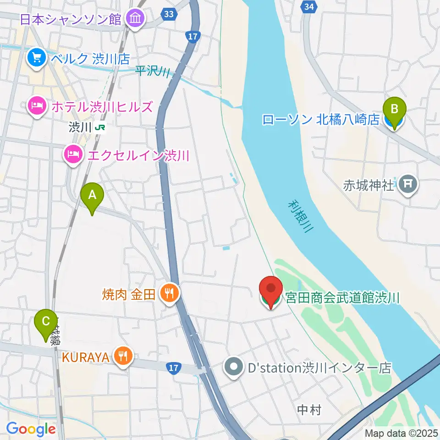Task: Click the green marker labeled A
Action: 92,196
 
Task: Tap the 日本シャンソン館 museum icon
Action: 136,19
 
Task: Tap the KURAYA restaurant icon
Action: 122,355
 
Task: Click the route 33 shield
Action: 169,14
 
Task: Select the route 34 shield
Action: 309,6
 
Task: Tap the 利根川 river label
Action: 301,216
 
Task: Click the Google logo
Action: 31,429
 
